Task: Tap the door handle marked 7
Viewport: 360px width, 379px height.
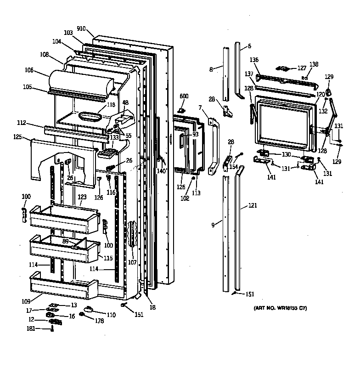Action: click(213, 147)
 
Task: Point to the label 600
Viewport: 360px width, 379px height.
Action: click(184, 96)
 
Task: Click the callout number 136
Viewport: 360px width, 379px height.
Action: click(254, 60)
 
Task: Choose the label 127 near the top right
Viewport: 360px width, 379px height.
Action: click(302, 68)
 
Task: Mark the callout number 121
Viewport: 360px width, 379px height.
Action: click(253, 205)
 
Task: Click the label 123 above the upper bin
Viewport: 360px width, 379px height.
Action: click(82, 197)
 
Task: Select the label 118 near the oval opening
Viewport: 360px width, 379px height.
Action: click(111, 105)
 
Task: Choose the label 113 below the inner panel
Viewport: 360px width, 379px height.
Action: click(196, 193)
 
